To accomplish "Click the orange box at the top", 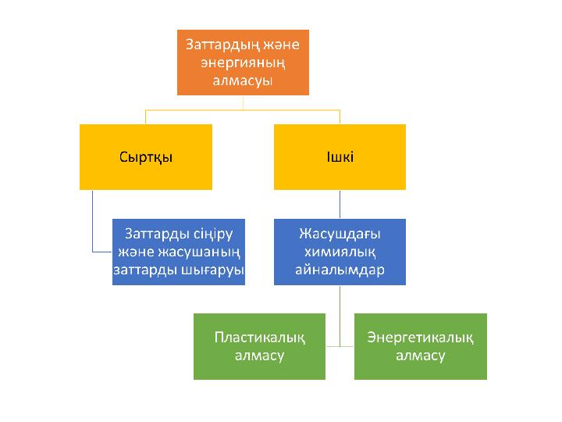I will [243, 63].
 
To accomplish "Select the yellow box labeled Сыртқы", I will [146, 156].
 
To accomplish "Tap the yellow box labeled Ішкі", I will [340, 156].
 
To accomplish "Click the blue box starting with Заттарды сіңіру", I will [179, 252].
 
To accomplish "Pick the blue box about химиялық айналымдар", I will [340, 252].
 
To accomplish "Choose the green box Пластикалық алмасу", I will [259, 346].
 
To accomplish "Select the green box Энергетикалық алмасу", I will [421, 346].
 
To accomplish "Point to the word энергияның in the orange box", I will [243, 63].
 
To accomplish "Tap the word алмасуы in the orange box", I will [243, 81].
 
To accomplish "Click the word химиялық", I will [340, 251].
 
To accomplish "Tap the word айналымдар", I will [340, 270].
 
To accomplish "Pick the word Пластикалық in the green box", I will [259, 337].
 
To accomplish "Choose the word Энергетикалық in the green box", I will [421, 337].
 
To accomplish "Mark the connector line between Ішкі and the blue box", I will [340, 204].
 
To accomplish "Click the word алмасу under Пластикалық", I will [259, 356].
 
